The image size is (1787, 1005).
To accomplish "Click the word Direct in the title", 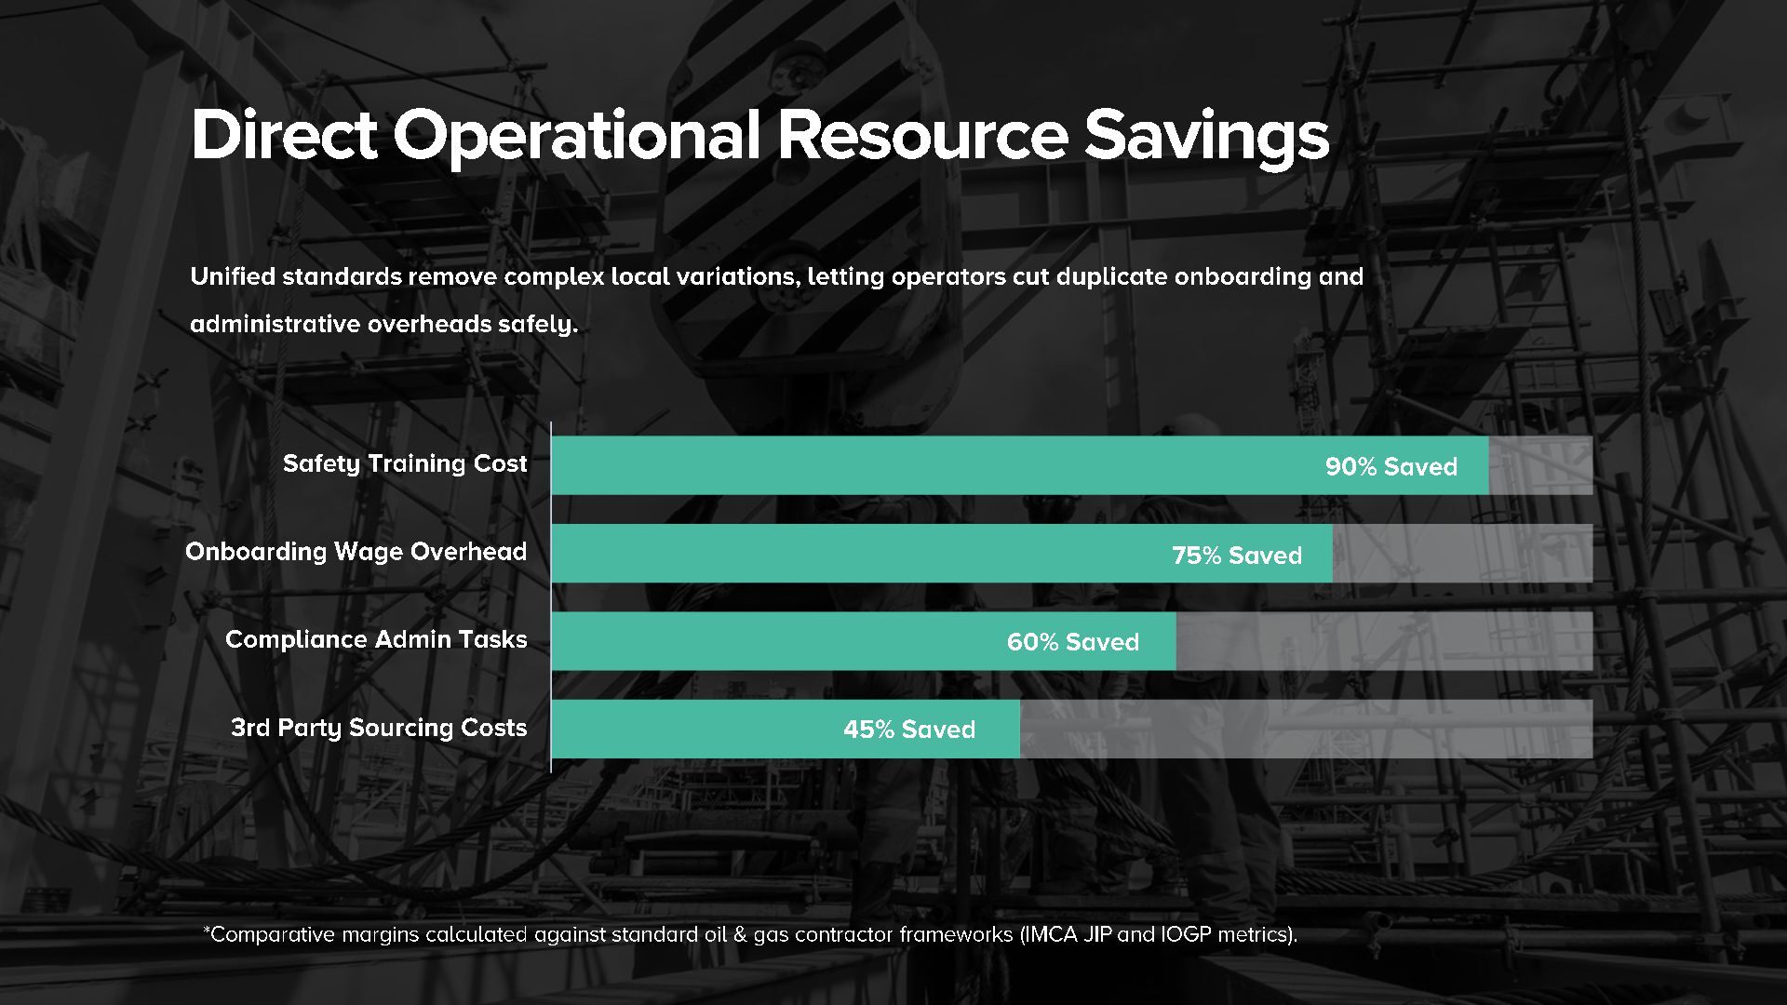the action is (x=284, y=135).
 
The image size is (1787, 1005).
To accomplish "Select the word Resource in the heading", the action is (x=922, y=135).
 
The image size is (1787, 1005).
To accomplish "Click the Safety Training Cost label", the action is (x=405, y=463).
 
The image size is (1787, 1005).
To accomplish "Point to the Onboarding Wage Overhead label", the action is (x=356, y=552).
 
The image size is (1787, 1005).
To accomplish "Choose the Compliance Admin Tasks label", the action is (x=376, y=639).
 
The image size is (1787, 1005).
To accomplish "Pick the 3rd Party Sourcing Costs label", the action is (x=379, y=728).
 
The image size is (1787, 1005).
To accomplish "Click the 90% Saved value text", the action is (x=1391, y=466).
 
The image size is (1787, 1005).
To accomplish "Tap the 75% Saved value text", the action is (x=1237, y=556).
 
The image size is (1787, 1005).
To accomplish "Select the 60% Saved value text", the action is (x=1073, y=642).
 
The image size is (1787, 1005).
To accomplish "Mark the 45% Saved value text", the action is (x=909, y=730).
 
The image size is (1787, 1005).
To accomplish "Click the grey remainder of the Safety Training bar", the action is (x=1540, y=465).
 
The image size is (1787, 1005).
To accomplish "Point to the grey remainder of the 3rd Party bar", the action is (x=1306, y=729).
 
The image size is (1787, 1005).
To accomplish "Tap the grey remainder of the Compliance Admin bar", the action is (x=1384, y=641).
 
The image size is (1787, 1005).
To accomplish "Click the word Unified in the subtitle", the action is (x=233, y=276).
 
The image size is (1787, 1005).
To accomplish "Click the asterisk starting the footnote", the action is (x=207, y=930).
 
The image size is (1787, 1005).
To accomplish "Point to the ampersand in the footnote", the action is (x=740, y=934).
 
